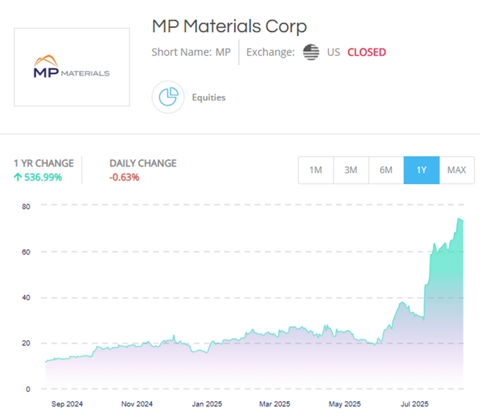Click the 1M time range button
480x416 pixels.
click(x=316, y=170)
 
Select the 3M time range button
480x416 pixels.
click(x=351, y=170)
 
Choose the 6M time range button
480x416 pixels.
click(x=386, y=170)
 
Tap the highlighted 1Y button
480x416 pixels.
click(x=421, y=170)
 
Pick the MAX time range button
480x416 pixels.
click(x=457, y=170)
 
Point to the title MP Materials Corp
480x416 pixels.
click(x=229, y=26)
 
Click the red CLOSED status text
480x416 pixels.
click(x=367, y=52)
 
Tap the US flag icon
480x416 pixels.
click(x=311, y=52)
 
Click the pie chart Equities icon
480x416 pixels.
click(x=168, y=97)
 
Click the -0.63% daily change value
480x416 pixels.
click(x=124, y=178)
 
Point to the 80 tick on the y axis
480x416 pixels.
click(x=26, y=206)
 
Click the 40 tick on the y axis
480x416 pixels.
click(x=26, y=298)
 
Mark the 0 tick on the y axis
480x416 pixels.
click(x=28, y=389)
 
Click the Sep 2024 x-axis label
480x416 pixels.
click(x=67, y=404)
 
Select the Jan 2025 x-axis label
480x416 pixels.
click(x=206, y=404)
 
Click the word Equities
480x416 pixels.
click(x=208, y=97)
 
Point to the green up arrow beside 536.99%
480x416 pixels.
click(x=17, y=178)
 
